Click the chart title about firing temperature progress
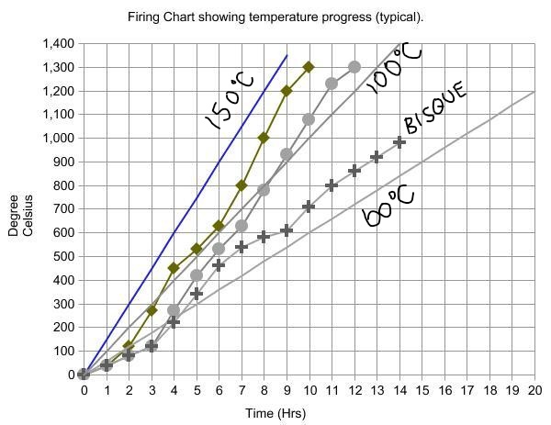275,17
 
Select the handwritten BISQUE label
435,108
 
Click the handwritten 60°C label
389,206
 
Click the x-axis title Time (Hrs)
275,414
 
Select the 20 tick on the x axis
534,390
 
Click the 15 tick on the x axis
422,390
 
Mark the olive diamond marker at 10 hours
309,67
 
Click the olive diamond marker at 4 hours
174,268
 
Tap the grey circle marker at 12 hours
354,67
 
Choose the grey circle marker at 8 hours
264,190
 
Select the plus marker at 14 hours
399,142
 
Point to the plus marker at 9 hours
287,230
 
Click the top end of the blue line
287,56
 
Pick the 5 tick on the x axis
197,390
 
